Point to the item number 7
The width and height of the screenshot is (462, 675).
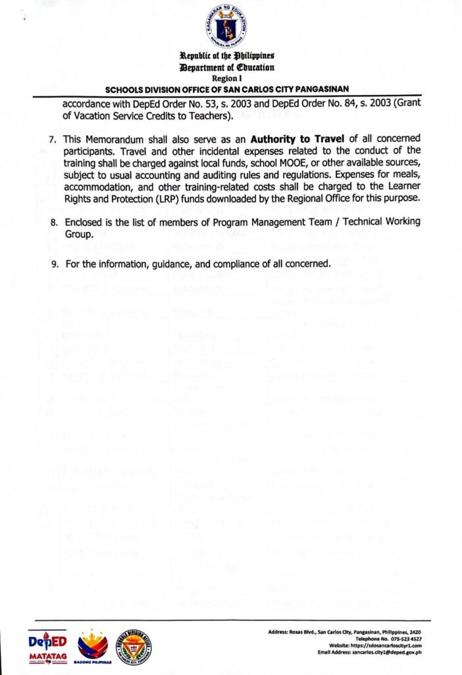53,139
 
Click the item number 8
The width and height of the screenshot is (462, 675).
53,222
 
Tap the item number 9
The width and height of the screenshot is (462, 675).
53,264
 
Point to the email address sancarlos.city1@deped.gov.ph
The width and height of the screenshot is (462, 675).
395,652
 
